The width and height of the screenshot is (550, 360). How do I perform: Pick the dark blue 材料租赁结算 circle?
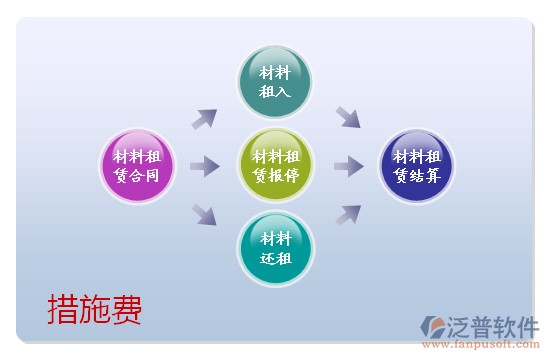(x=416, y=166)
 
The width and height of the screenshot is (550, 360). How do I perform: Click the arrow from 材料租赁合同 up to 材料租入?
(x=204, y=119)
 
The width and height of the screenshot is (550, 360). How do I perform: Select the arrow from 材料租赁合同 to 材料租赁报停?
(x=204, y=166)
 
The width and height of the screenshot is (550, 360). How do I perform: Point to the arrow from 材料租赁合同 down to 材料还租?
(x=204, y=213)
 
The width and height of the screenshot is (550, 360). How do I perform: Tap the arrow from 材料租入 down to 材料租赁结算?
(x=347, y=117)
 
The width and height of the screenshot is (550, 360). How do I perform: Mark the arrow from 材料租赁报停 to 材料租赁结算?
(x=347, y=166)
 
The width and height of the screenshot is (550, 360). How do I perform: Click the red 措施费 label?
(x=95, y=310)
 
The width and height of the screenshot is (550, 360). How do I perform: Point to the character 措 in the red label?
(x=63, y=310)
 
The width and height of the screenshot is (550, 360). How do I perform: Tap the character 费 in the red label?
(x=127, y=310)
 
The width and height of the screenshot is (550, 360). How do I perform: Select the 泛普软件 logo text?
(x=496, y=325)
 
